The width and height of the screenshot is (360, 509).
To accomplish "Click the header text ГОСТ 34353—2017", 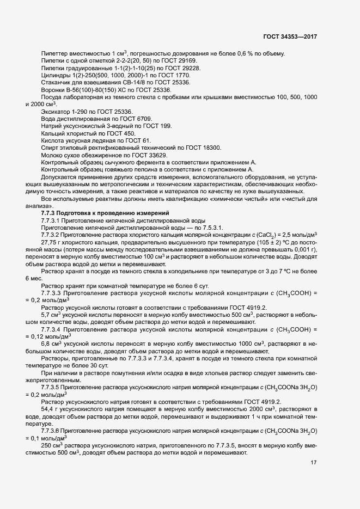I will point(290,36).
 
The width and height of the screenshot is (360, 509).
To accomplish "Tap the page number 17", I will point(314,463).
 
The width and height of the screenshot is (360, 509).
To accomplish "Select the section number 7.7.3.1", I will point(53,213).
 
